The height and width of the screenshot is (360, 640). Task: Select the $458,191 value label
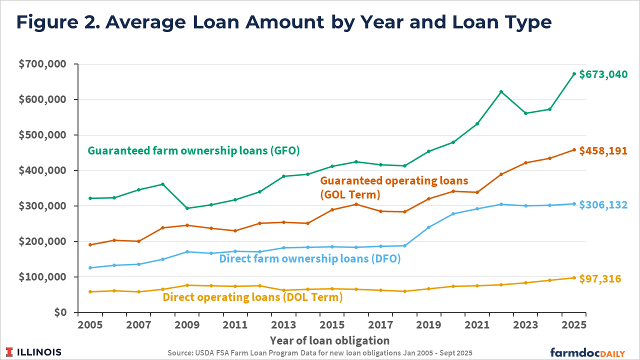coord(602,150)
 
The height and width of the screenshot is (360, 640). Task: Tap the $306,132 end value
coord(602,205)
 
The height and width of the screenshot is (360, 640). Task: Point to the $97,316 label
coord(600,278)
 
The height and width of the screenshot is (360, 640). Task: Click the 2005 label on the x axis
coord(90,324)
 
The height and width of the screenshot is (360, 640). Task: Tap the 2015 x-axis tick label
coord(332,324)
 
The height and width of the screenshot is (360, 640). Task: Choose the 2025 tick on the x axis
coord(574,324)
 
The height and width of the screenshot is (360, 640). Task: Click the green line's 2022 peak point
coord(501,92)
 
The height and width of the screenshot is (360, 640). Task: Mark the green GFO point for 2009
coord(187,208)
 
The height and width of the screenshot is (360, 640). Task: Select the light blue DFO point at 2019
coord(429,227)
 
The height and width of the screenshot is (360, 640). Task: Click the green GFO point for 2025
coord(574,74)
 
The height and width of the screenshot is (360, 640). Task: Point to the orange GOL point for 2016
coord(356,204)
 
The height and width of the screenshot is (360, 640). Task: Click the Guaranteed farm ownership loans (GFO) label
coord(193,150)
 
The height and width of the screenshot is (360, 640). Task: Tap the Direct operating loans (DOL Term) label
coord(252,297)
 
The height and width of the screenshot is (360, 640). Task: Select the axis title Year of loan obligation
coord(329,341)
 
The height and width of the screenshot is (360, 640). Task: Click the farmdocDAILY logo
coord(587,352)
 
